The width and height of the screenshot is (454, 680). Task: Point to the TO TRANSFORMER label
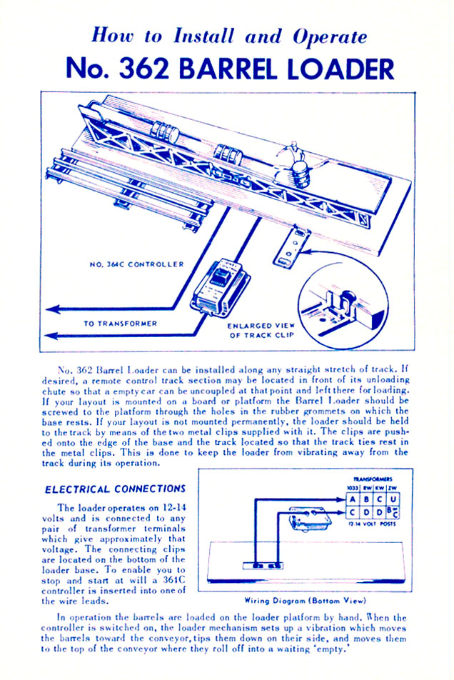pos(120,323)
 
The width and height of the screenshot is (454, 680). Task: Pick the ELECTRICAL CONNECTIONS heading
pos(115,489)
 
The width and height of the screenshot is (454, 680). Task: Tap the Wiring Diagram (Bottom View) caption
pos(313,601)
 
